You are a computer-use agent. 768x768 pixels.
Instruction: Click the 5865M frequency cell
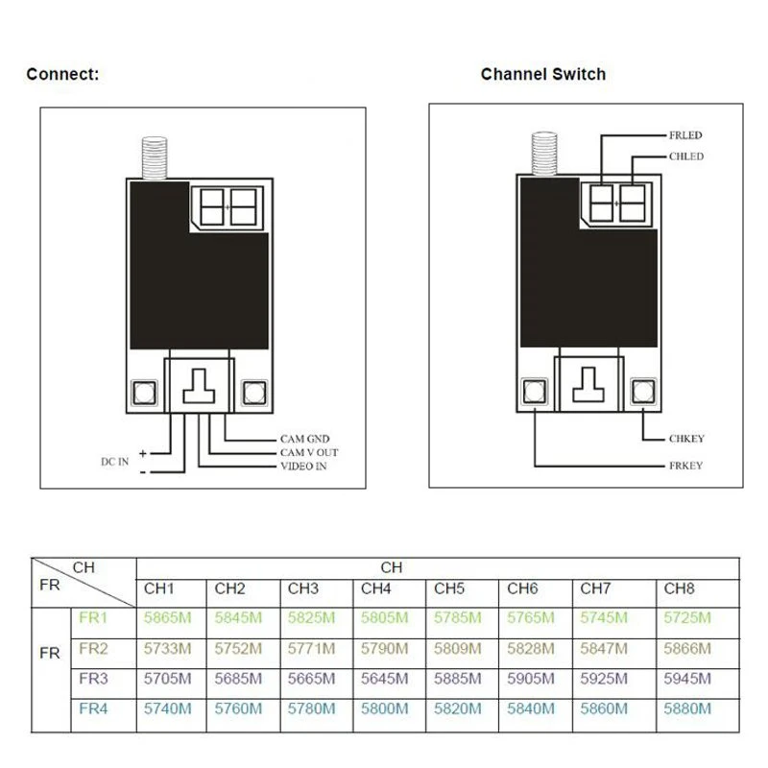[x=167, y=617]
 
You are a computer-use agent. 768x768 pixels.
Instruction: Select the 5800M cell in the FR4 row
[x=385, y=708]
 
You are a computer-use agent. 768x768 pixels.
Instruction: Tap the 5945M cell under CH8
[x=687, y=679]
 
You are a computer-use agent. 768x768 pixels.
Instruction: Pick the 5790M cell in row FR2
[x=385, y=649]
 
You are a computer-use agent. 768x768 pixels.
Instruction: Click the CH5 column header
[x=449, y=588]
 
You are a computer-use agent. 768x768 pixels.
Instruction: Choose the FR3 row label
[x=93, y=679]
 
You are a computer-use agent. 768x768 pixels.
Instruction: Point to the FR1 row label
[x=93, y=617]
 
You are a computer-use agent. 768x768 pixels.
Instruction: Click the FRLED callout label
[x=685, y=135]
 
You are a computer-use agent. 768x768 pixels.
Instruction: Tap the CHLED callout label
[x=686, y=156]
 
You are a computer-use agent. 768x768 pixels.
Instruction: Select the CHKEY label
[x=686, y=439]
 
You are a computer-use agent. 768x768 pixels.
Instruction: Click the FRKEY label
[x=685, y=466]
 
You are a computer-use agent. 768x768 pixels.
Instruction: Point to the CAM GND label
[x=304, y=439]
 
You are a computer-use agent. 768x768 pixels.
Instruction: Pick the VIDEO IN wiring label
[x=303, y=467]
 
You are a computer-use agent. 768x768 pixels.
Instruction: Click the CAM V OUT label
[x=309, y=452]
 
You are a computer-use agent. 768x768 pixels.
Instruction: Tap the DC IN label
[x=114, y=462]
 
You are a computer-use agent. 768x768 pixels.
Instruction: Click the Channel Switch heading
[x=543, y=75]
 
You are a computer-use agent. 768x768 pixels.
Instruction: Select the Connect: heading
[x=62, y=75]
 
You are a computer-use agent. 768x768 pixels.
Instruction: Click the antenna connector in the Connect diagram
[x=155, y=157]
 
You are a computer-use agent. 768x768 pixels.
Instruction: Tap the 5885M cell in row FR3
[x=458, y=679]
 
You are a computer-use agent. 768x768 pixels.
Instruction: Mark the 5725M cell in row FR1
[x=687, y=617]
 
